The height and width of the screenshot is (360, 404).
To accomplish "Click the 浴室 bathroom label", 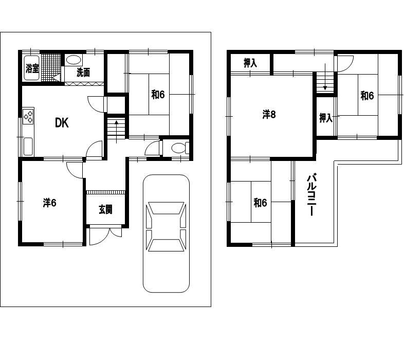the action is [x=32, y=68].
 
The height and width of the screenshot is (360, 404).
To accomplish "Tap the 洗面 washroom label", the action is [x=83, y=73].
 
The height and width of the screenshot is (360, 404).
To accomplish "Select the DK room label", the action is [x=62, y=123].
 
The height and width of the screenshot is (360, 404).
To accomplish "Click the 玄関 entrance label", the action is [x=106, y=209].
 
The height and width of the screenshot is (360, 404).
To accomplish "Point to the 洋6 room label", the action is [x=50, y=203].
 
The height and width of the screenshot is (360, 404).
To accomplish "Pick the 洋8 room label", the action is [x=269, y=114].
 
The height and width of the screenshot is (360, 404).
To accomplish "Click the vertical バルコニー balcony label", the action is [x=312, y=195].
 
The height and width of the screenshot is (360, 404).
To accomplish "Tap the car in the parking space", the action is [x=166, y=233].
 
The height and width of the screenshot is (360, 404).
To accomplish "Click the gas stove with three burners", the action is [x=28, y=116].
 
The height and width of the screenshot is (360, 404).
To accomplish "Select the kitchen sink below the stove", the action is [x=28, y=146].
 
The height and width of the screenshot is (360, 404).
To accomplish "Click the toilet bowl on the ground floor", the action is [x=179, y=148].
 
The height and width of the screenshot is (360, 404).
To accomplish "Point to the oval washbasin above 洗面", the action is [x=74, y=60].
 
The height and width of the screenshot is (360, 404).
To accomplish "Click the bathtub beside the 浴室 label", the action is [x=32, y=68].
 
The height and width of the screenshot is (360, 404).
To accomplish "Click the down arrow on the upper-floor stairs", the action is [x=325, y=77].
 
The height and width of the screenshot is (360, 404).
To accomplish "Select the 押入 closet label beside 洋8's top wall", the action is [x=250, y=63].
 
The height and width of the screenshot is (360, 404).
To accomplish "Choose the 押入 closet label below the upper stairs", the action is [x=326, y=118].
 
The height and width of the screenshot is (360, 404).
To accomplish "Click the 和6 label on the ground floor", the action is [x=158, y=95].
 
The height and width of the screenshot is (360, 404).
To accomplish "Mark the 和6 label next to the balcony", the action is [x=260, y=203].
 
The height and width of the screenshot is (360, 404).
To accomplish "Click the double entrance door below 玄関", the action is [x=105, y=235].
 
